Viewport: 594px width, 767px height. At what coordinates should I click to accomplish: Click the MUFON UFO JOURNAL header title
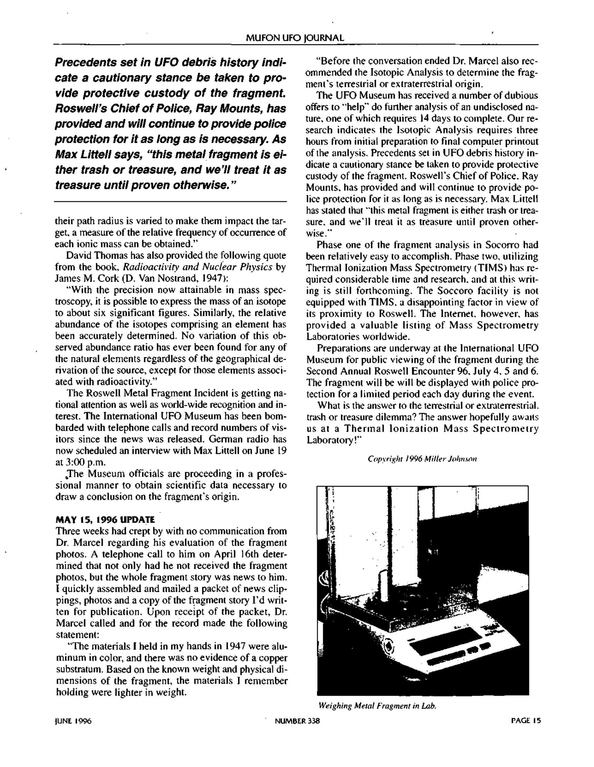295,38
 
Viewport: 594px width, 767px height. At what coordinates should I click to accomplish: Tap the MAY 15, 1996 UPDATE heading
105,519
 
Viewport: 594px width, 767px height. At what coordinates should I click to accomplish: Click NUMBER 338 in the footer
297,721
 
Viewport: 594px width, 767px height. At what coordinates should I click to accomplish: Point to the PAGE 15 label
526,721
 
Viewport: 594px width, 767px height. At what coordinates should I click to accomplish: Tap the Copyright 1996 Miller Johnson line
422,459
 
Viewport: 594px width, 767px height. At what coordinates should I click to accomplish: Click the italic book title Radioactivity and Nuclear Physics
198,267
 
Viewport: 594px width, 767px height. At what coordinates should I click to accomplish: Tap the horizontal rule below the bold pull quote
170,202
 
